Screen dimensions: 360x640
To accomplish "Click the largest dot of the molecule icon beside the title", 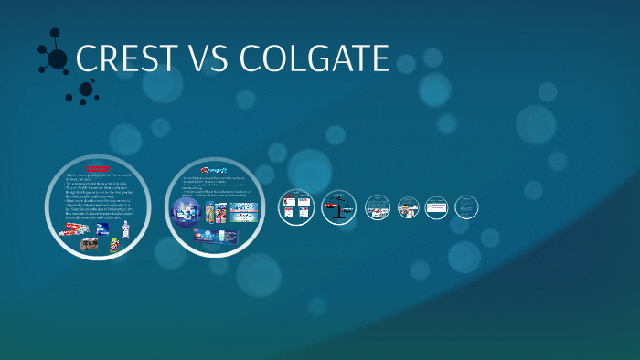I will (57, 59).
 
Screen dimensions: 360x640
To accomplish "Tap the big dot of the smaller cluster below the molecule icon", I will (86, 89).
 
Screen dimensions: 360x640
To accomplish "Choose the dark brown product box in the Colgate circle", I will (90, 244).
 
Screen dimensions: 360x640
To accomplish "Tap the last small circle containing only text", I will (466, 207).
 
